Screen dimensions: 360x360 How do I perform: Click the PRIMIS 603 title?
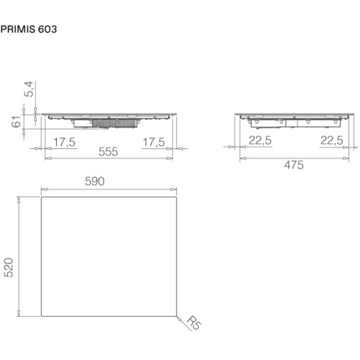coord(29,30)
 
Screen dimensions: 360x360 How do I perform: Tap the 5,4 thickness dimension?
coord(29,89)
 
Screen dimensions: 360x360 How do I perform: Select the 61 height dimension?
coord(17,122)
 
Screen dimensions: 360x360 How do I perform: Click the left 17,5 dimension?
coord(64,142)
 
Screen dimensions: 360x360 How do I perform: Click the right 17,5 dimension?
coord(154,142)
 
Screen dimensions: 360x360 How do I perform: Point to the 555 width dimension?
coord(108,152)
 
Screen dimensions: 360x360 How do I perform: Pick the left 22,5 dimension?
coord(260,140)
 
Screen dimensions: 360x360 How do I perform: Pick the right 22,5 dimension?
coord(332,140)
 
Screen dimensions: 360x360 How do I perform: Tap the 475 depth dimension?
coord(294,165)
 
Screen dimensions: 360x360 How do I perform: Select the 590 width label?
coord(94,181)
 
